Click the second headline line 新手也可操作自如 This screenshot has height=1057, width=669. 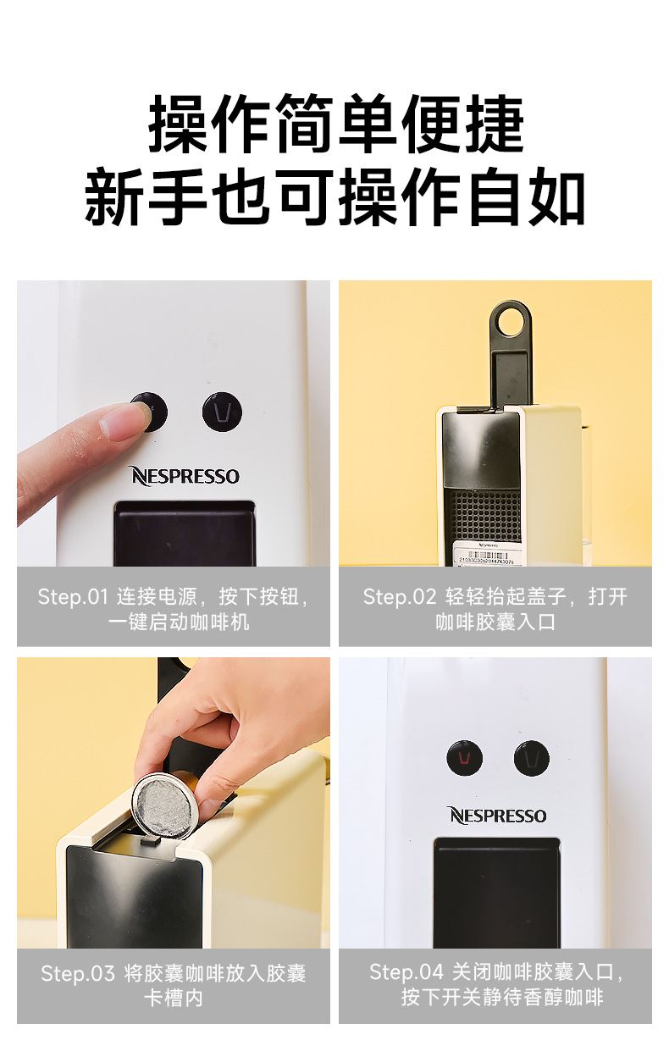(x=334, y=199)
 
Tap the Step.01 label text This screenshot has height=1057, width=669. (x=73, y=597)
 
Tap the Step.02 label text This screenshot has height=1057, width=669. (x=399, y=597)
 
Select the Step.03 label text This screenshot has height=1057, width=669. (x=77, y=974)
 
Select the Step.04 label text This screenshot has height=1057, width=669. (x=405, y=972)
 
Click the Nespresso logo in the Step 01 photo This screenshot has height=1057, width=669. (x=184, y=476)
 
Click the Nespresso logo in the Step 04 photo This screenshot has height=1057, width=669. (x=497, y=816)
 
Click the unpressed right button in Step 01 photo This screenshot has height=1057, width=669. (x=222, y=412)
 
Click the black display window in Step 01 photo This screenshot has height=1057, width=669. (x=185, y=534)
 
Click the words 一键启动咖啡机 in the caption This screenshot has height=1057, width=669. (x=179, y=623)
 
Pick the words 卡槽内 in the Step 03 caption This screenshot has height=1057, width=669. (x=173, y=999)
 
